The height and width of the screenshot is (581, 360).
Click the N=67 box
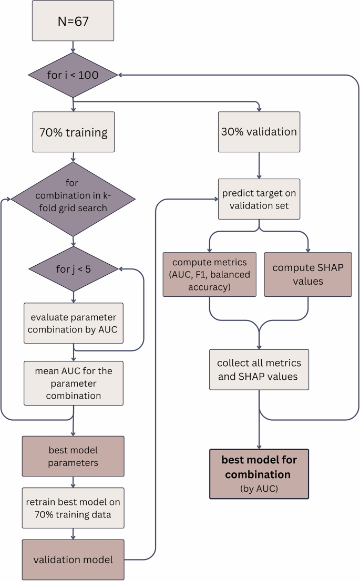(73, 22)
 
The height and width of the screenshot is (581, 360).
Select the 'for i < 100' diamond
(73, 75)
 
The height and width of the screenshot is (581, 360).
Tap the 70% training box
(73, 132)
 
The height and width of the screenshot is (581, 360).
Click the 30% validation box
(259, 132)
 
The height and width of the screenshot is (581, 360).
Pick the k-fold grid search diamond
(73, 199)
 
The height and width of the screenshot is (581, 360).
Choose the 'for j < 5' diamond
(73, 270)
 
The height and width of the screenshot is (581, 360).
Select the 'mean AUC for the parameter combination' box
(73, 383)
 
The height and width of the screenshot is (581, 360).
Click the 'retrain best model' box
(73, 507)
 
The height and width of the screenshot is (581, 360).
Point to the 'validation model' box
(73, 559)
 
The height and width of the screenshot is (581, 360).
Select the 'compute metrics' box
(210, 274)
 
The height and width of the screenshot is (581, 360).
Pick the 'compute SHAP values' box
(307, 274)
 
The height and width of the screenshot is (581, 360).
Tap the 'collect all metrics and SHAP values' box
(259, 369)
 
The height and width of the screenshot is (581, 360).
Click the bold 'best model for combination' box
(259, 467)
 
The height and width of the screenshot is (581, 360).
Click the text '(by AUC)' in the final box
(259, 489)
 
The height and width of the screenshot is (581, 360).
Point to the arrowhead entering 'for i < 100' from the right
(121, 75)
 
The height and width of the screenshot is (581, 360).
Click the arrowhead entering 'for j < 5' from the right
(121, 269)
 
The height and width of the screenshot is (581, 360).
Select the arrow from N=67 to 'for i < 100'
(73, 47)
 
